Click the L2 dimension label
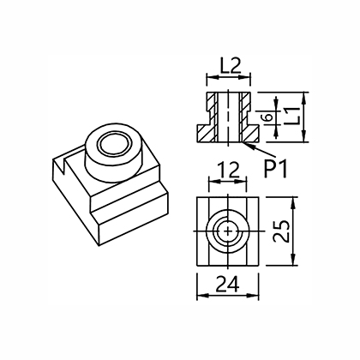pyautogui.click(x=231, y=66)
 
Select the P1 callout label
pyautogui.click(x=275, y=169)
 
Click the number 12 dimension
pyautogui.click(x=228, y=171)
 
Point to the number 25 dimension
pyautogui.click(x=280, y=231)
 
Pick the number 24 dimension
pyautogui.click(x=228, y=284)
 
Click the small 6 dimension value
pyautogui.click(x=268, y=117)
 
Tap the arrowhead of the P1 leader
pyautogui.click(x=246, y=144)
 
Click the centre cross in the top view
pyautogui.click(x=228, y=231)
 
